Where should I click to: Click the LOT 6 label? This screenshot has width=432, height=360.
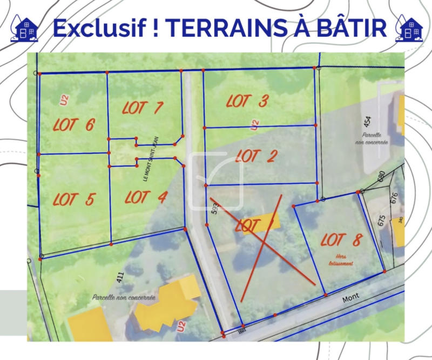(75, 125)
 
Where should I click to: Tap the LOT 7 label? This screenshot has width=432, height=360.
(143, 107)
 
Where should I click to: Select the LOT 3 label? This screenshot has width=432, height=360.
(247, 101)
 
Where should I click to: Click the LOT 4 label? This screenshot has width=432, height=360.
(145, 197)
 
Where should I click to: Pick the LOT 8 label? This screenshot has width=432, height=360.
(341, 239)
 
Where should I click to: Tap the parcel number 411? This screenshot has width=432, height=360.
(120, 278)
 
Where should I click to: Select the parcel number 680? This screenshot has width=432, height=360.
(381, 176)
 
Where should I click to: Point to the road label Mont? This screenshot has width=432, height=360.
(352, 296)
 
